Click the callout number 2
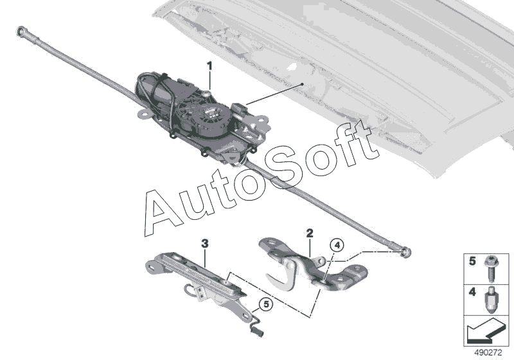click(309, 232)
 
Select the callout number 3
click(204, 244)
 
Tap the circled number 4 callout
click(337, 245)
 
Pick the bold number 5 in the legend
click(473, 262)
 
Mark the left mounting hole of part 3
click(155, 265)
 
